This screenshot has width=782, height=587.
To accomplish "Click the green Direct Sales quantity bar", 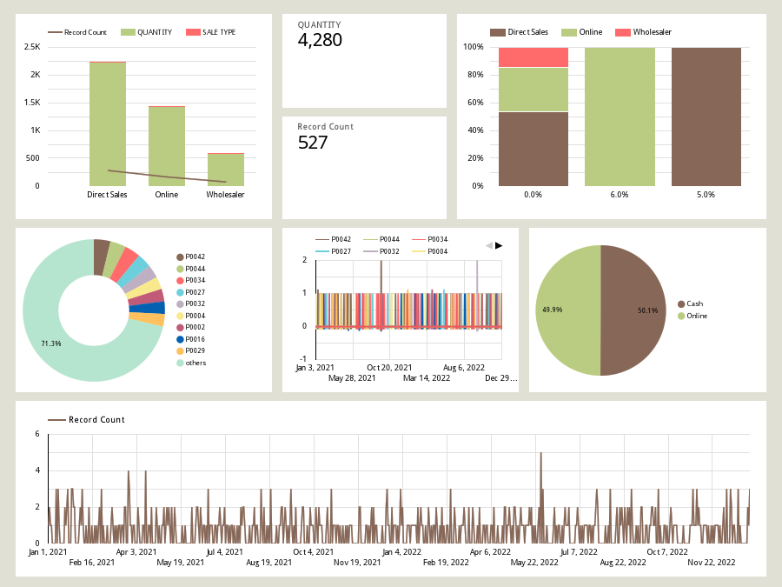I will (108, 122).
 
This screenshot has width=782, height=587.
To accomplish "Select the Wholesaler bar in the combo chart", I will (225, 170).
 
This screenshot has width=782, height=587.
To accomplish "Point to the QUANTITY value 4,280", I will (320, 40).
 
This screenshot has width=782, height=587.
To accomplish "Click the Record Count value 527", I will (313, 143).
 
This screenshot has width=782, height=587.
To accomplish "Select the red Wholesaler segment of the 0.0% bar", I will (533, 57).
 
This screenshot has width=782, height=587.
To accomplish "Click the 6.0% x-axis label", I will (619, 195).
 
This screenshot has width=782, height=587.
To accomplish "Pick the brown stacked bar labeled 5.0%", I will (706, 117).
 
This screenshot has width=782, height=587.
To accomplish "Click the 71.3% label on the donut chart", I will (51, 344).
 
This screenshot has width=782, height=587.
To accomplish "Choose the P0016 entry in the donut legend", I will (195, 339).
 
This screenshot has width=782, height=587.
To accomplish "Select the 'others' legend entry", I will (195, 363).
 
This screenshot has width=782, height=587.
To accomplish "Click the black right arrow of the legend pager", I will (499, 245).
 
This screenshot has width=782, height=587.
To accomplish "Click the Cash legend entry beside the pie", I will (694, 304).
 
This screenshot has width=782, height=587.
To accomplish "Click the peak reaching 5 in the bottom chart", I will (540, 453).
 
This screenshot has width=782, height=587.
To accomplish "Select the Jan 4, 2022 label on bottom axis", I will (402, 551).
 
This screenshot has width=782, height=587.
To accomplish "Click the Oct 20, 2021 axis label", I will (388, 367).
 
